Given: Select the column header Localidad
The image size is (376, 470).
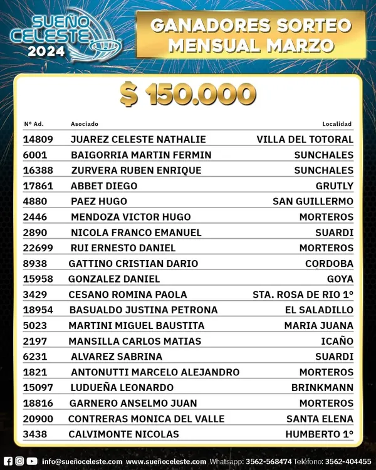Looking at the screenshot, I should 337,124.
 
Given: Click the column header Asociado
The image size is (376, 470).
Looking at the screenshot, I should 84,124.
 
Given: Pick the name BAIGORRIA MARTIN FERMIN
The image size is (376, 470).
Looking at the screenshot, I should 141,155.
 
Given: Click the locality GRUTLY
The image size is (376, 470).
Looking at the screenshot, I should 335,186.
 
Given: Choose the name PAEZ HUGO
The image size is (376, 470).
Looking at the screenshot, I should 99,201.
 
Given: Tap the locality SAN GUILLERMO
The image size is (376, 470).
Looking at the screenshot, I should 313,201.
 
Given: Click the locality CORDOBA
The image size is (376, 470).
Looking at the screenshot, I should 329,263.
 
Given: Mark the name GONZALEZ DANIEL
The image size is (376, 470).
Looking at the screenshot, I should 114,279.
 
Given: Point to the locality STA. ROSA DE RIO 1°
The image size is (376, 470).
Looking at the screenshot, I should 303,295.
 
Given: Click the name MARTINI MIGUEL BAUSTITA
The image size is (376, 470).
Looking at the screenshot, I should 137,326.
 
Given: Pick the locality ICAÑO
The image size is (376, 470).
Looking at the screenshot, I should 337,341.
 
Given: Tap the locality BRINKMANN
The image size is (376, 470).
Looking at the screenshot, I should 322,388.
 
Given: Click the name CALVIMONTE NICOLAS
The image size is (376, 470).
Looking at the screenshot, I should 123,434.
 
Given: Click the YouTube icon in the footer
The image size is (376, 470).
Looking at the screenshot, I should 32,461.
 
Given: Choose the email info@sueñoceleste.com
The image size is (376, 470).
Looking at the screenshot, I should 81,462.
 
